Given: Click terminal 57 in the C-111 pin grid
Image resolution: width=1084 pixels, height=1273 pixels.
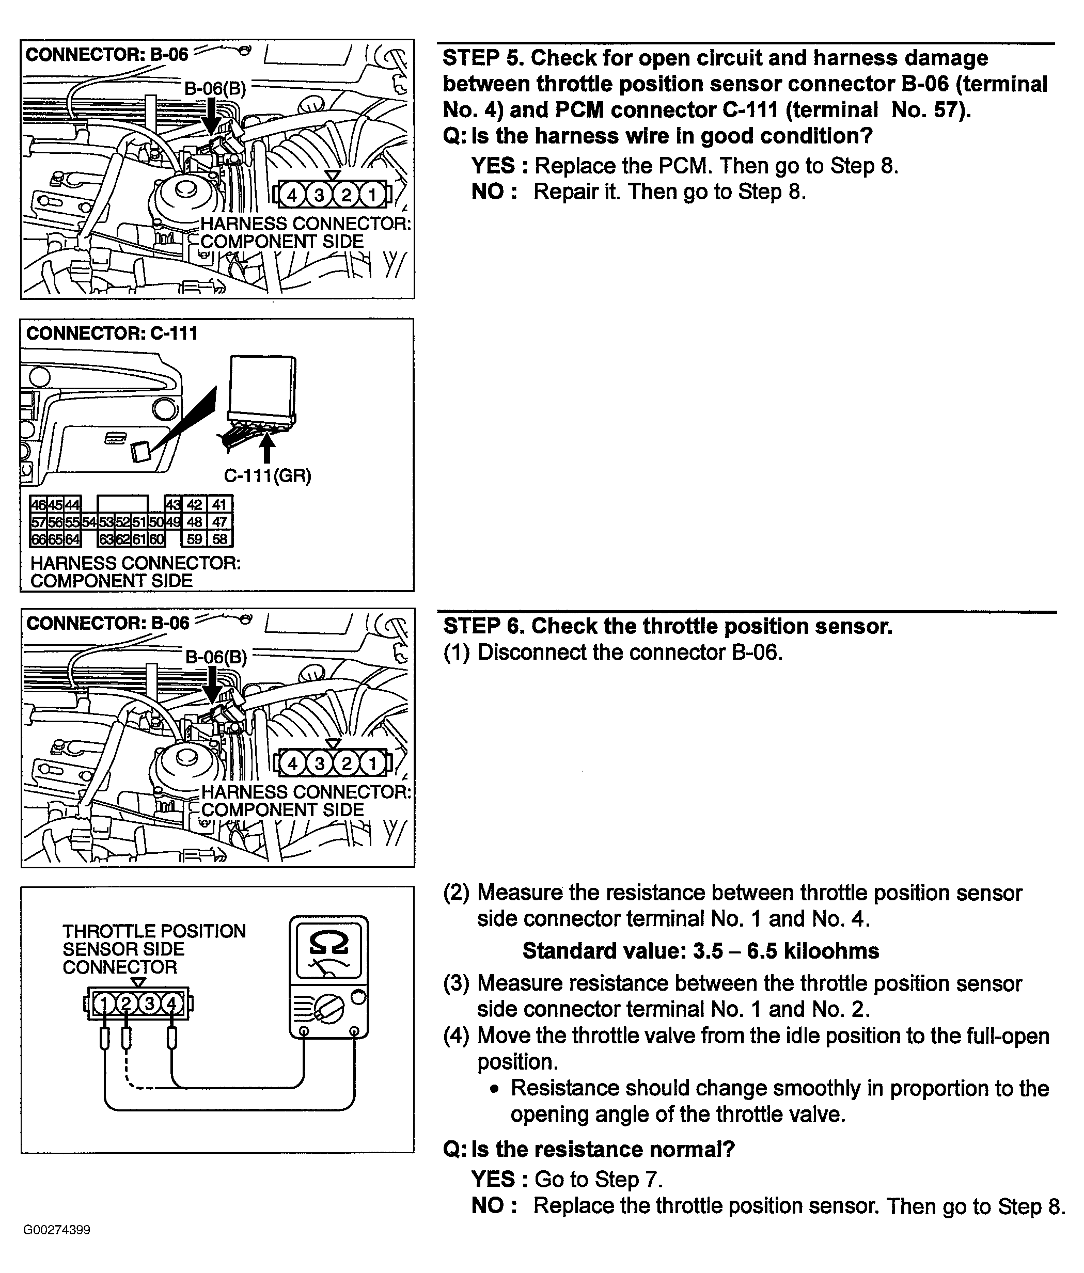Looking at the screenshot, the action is click(38, 522).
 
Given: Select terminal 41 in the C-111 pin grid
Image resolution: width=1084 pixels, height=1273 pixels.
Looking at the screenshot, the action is click(219, 505).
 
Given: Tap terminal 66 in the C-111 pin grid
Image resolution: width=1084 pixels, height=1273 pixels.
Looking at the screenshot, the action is click(38, 539).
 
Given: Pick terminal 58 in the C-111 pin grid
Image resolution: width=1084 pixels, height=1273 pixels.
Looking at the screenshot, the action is click(219, 539).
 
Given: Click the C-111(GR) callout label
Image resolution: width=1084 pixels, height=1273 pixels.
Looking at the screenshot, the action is click(268, 476).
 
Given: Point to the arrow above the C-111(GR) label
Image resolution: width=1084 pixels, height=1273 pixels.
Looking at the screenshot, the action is click(266, 447).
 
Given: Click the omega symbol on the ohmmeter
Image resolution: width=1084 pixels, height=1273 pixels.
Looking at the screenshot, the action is click(329, 943).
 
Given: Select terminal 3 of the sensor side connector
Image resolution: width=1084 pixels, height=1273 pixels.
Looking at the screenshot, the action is click(149, 1004).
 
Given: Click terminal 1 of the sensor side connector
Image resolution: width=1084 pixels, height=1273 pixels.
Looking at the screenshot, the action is click(104, 1004).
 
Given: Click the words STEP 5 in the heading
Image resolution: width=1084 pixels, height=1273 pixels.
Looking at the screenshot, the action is click(483, 58).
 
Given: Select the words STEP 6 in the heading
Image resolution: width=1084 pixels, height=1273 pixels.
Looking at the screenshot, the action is click(483, 626).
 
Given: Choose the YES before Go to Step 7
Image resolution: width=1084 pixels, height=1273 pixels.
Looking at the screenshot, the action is click(493, 1180).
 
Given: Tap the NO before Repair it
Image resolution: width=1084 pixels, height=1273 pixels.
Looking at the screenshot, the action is click(488, 192).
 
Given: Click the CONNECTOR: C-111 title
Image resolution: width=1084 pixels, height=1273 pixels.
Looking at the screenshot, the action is click(112, 333).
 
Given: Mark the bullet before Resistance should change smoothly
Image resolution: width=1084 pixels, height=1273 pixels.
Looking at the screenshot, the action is click(495, 1089).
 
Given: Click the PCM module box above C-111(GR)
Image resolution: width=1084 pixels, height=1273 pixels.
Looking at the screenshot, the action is click(262, 391).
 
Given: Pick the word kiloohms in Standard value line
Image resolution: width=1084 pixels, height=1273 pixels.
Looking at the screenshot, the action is click(831, 951).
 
